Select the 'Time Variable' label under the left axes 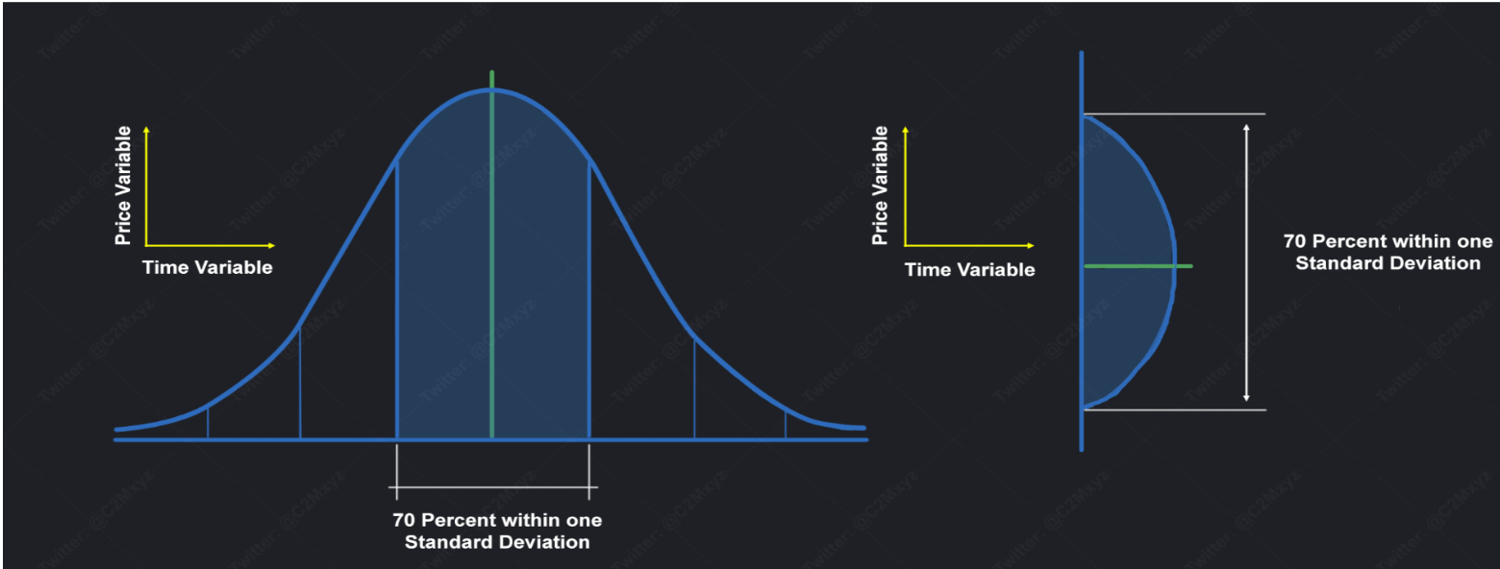[208, 268]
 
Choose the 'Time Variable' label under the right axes [970, 270]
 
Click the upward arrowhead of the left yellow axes [146, 129]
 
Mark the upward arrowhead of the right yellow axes [905, 129]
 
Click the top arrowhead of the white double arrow [1247, 125]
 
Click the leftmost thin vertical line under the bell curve [208, 424]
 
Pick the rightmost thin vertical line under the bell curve [786, 424]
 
